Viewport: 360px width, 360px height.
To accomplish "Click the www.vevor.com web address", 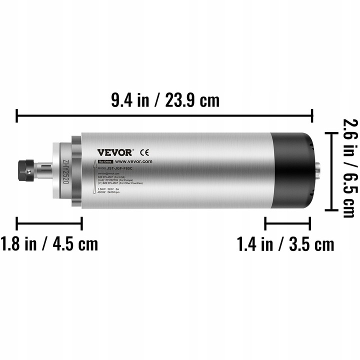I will point(133,162).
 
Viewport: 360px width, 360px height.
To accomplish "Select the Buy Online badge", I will point(104,162).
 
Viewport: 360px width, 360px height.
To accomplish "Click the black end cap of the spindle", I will point(291,170).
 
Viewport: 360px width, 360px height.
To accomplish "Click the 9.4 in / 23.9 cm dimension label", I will point(165,100).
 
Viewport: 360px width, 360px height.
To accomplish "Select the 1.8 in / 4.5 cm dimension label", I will point(49,244).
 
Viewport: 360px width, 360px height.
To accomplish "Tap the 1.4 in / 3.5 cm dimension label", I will point(285,244).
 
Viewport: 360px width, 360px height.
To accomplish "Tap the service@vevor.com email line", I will point(109,173).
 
